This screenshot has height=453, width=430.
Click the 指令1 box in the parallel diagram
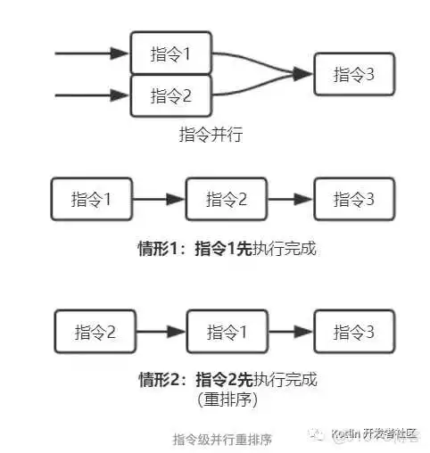170,54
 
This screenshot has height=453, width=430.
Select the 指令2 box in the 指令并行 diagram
170,95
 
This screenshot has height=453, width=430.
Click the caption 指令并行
211,135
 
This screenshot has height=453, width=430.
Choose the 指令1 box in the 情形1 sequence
92,199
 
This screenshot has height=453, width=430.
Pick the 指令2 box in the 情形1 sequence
226,199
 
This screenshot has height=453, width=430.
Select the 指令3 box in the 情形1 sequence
352,199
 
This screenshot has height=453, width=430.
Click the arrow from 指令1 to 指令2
159,199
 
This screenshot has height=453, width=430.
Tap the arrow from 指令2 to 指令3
291,199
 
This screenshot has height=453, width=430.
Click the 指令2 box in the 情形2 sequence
95,332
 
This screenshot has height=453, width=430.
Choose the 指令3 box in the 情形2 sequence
352,332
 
